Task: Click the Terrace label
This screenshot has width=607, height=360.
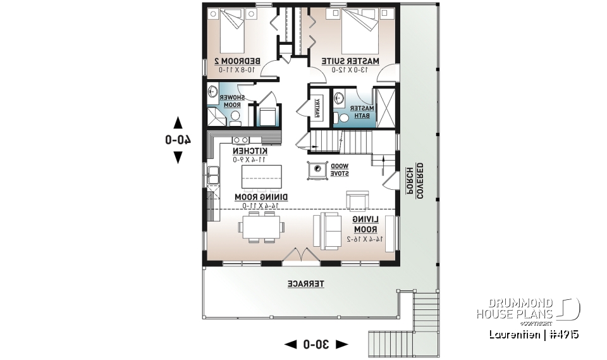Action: click(x=306, y=285)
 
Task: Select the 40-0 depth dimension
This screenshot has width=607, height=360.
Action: click(x=178, y=140)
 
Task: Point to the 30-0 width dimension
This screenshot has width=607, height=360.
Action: click(x=316, y=344)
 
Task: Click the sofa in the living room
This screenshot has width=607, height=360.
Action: click(x=330, y=230)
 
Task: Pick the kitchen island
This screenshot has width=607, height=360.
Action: click(x=261, y=171)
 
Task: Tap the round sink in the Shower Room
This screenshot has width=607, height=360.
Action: click(x=212, y=92)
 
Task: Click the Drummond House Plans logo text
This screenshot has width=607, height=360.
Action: click(x=515, y=308)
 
